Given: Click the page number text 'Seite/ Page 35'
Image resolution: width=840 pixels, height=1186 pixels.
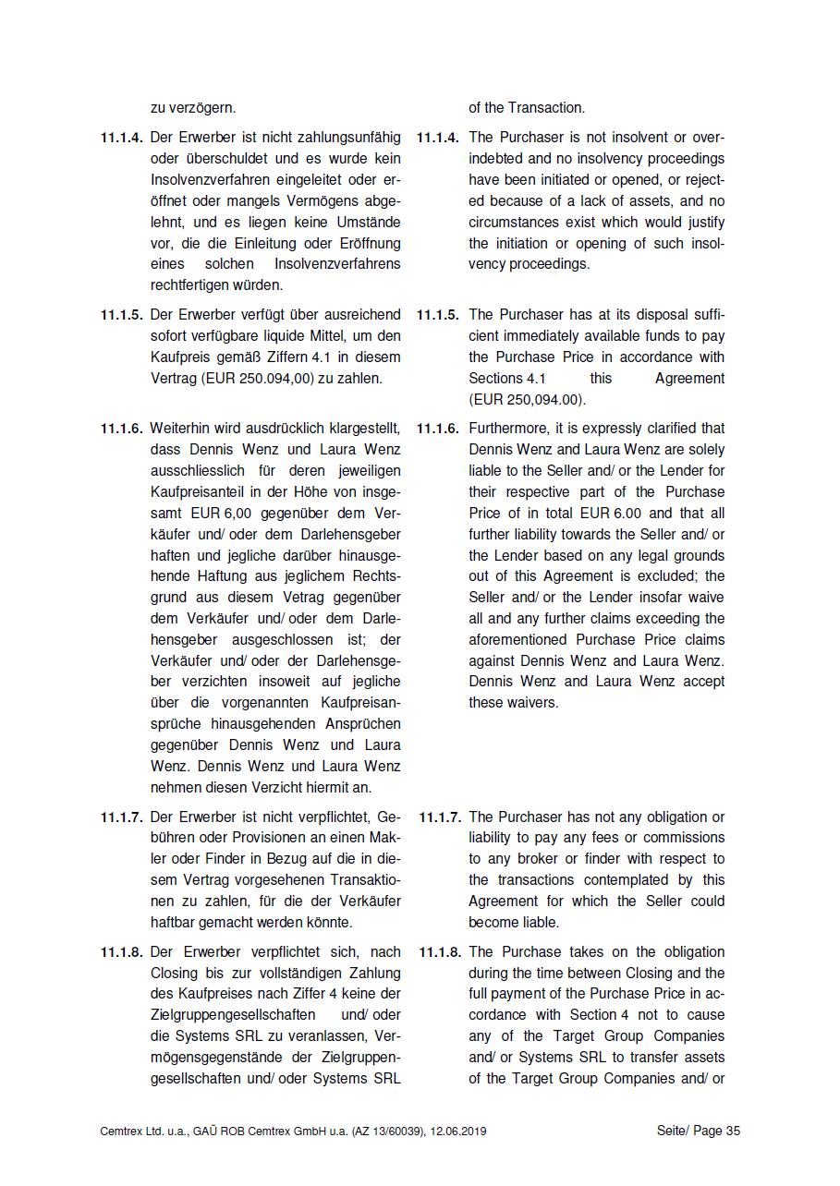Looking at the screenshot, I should click(699, 1131).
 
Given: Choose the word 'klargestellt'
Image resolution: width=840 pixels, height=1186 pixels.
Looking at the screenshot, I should click(361, 429).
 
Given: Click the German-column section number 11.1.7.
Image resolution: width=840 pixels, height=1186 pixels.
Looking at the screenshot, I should click(122, 817).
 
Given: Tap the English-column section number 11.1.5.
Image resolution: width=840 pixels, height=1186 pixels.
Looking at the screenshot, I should click(438, 315).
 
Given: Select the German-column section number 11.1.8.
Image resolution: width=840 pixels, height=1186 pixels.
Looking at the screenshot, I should click(122, 952).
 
